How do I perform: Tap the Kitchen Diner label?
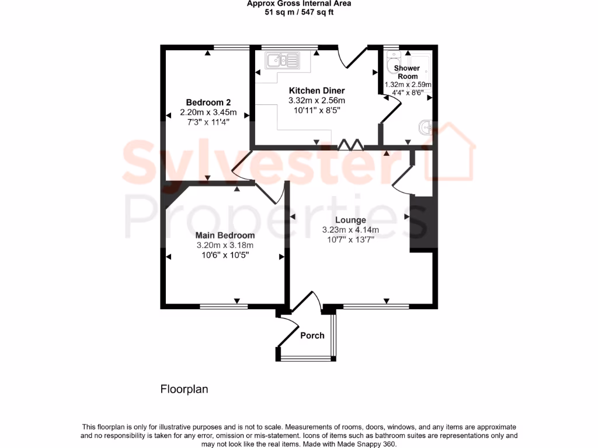coord(317,90)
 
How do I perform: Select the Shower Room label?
coord(408,72)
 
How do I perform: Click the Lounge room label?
coord(350,220)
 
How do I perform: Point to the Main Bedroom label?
coord(225,236)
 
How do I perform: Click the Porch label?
coord(312,335)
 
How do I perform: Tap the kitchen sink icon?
coord(282,60)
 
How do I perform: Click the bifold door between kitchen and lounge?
coord(352,144)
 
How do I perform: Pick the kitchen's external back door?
coord(352,57)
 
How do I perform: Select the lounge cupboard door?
coord(402,178)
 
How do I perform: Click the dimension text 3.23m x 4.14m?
coord(350,230)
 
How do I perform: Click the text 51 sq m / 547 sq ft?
coord(299,12)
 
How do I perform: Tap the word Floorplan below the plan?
coord(184,388)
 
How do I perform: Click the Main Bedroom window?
coord(224,306)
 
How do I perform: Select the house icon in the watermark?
coord(449,153)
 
